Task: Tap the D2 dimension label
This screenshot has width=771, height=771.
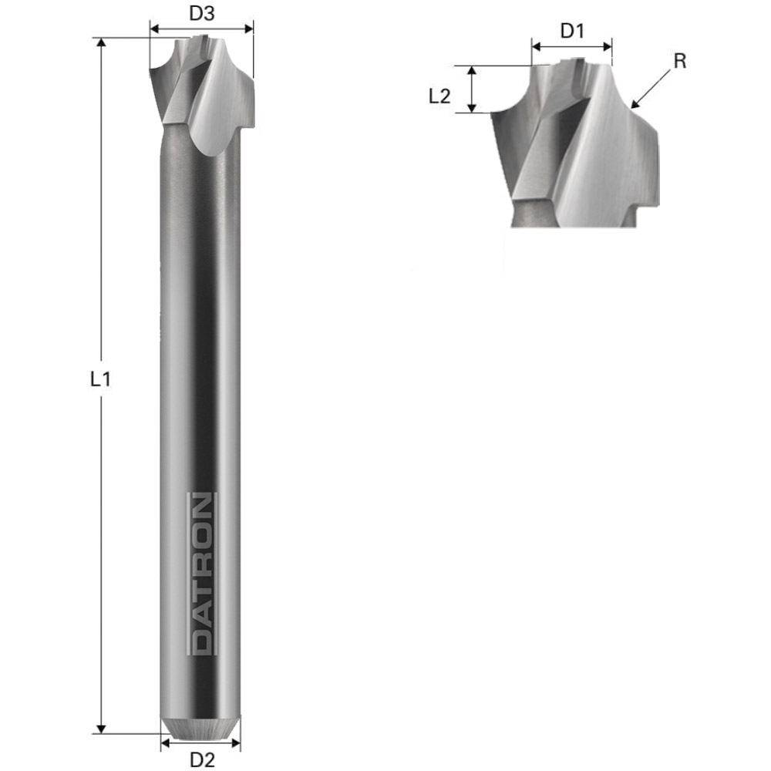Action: click(x=201, y=759)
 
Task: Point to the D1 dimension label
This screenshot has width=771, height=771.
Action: click(x=572, y=32)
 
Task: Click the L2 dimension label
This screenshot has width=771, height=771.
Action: click(x=439, y=96)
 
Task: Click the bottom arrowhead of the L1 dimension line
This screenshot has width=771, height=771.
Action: click(x=100, y=728)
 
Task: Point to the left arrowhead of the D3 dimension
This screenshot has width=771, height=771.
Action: click(x=153, y=29)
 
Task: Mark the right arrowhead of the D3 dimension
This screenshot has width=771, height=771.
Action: click(x=248, y=29)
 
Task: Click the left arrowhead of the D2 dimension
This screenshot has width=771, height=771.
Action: click(x=165, y=745)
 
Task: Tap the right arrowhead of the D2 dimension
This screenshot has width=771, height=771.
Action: click(x=236, y=745)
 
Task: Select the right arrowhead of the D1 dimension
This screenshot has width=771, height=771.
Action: click(x=608, y=46)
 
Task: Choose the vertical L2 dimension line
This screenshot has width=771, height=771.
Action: click(x=473, y=89)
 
